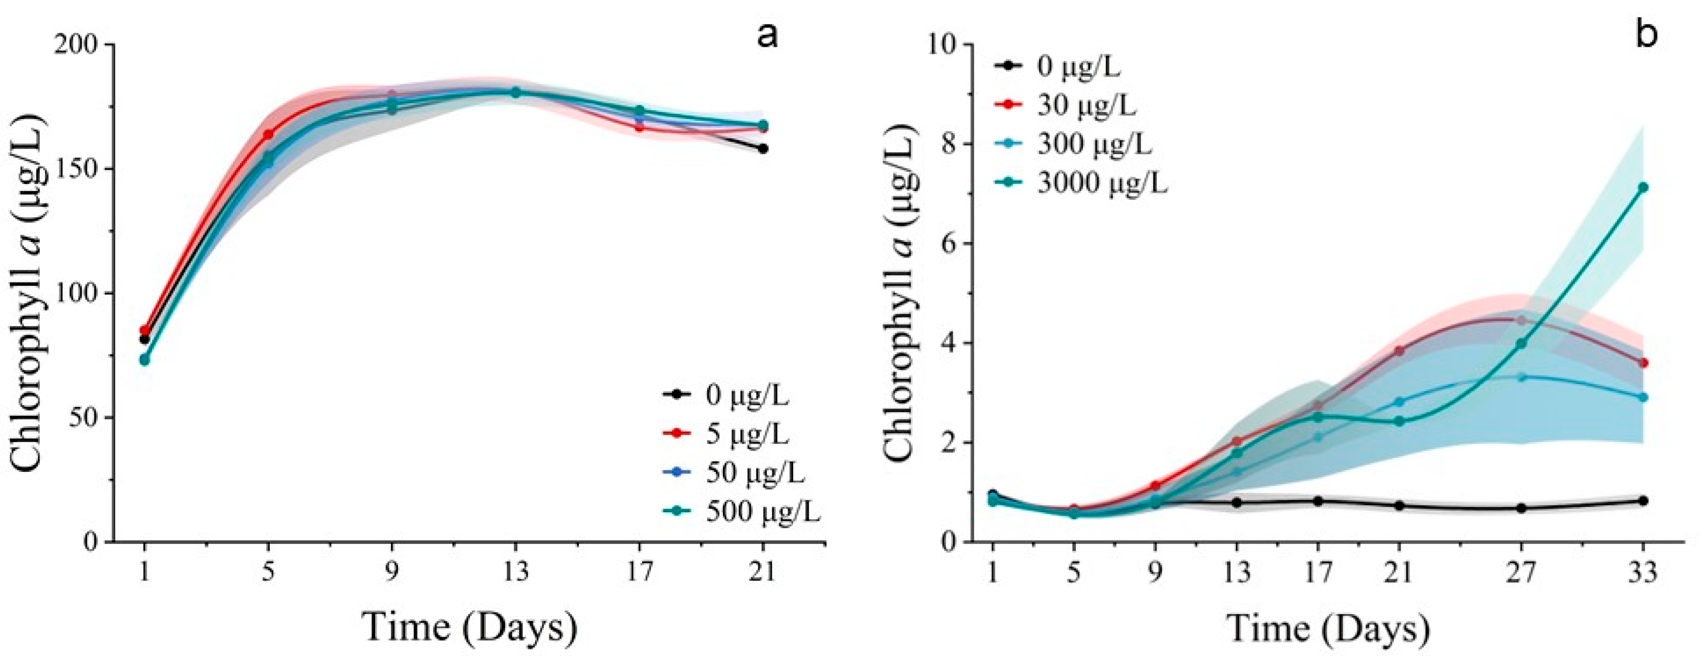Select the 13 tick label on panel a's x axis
(x=515, y=572)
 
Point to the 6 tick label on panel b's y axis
(x=950, y=243)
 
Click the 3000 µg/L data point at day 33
(x=1643, y=188)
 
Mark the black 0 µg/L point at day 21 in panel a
(x=763, y=149)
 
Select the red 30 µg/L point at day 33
(x=1643, y=363)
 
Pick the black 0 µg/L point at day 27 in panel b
(x=1521, y=508)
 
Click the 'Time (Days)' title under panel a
(x=470, y=627)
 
